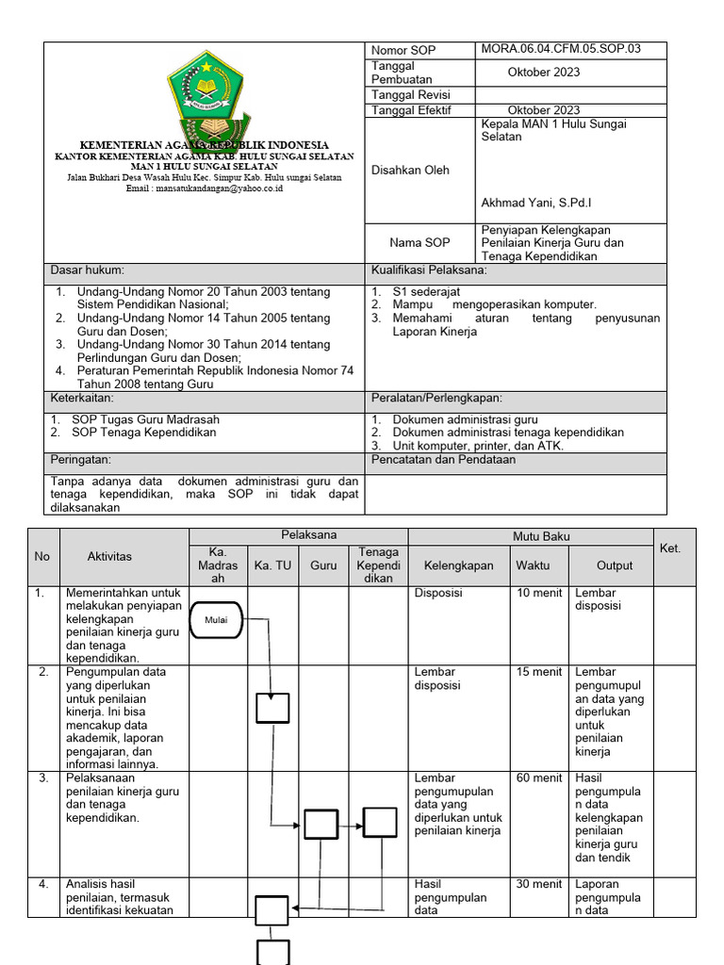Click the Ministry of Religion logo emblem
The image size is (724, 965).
[206, 94]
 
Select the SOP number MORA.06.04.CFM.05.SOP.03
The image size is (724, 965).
[560, 49]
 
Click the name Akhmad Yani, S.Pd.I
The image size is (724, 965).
[535, 203]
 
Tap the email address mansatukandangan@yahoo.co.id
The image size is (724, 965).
[205, 188]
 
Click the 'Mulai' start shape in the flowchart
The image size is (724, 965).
[217, 619]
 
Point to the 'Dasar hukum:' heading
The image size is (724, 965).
[88, 270]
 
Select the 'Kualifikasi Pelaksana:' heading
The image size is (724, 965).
[429, 270]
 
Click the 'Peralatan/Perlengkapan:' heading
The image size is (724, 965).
[436, 399]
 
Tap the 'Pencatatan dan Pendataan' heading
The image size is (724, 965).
[443, 460]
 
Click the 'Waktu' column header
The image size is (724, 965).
[533, 565]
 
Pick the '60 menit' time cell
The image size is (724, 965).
[538, 778]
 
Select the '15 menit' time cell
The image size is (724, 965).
[538, 672]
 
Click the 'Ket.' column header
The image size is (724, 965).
[670, 548]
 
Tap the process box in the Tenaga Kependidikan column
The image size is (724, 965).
[380, 823]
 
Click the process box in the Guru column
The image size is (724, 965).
[321, 824]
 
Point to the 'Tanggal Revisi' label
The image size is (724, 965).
[411, 95]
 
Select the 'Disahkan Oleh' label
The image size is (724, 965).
[410, 171]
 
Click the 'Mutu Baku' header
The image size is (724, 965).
[540, 536]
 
